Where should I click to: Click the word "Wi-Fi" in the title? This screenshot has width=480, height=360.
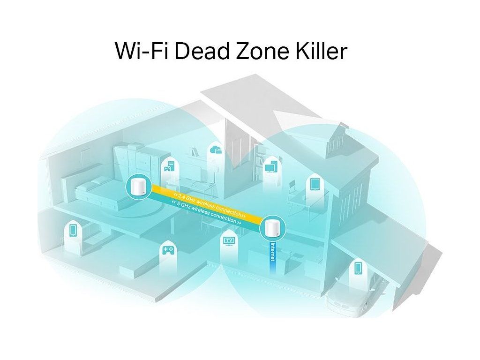click(x=142, y=51)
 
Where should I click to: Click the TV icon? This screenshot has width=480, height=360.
click(x=229, y=241)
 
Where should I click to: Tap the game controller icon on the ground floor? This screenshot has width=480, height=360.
click(x=167, y=250)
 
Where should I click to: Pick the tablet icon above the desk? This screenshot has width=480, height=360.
click(x=314, y=184)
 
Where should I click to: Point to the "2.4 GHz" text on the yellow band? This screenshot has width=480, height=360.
click(x=188, y=196)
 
